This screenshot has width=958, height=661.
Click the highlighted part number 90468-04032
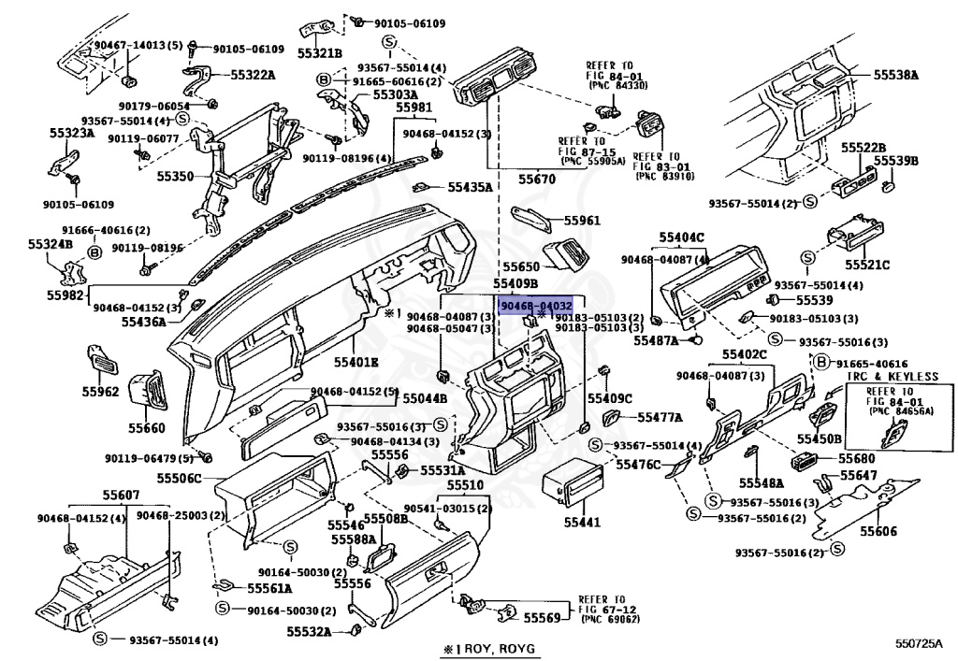[535, 305]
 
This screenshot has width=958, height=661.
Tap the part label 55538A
[896, 74]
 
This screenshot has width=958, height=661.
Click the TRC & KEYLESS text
[892, 376]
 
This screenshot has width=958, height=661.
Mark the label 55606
[879, 531]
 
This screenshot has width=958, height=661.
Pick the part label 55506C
[179, 478]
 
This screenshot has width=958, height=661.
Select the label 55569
[541, 618]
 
